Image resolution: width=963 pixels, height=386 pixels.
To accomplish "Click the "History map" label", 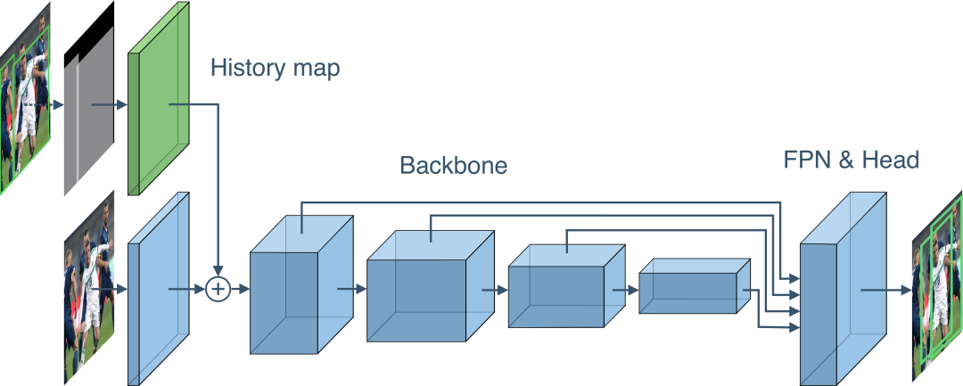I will click(275, 70).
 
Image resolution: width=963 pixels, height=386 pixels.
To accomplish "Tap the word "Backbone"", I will click(453, 166).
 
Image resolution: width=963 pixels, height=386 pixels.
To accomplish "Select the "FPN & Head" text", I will click(851, 160).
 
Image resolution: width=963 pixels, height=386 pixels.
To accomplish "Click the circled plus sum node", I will click(217, 289).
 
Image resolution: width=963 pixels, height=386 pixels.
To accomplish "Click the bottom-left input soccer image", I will click(89, 286).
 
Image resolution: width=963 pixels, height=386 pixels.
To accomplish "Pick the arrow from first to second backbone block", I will click(352, 289).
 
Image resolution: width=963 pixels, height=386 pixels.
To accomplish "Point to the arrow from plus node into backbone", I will click(239, 289).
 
